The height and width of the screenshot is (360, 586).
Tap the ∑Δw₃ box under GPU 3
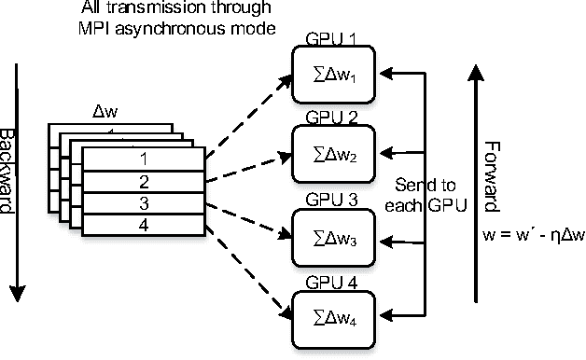pos(333,235)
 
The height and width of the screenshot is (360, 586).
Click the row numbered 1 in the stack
pos(143,159)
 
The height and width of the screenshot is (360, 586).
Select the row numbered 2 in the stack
pos(143,181)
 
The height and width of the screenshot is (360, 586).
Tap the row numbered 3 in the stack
pos(143,202)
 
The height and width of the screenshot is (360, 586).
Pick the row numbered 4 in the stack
pos(143,225)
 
